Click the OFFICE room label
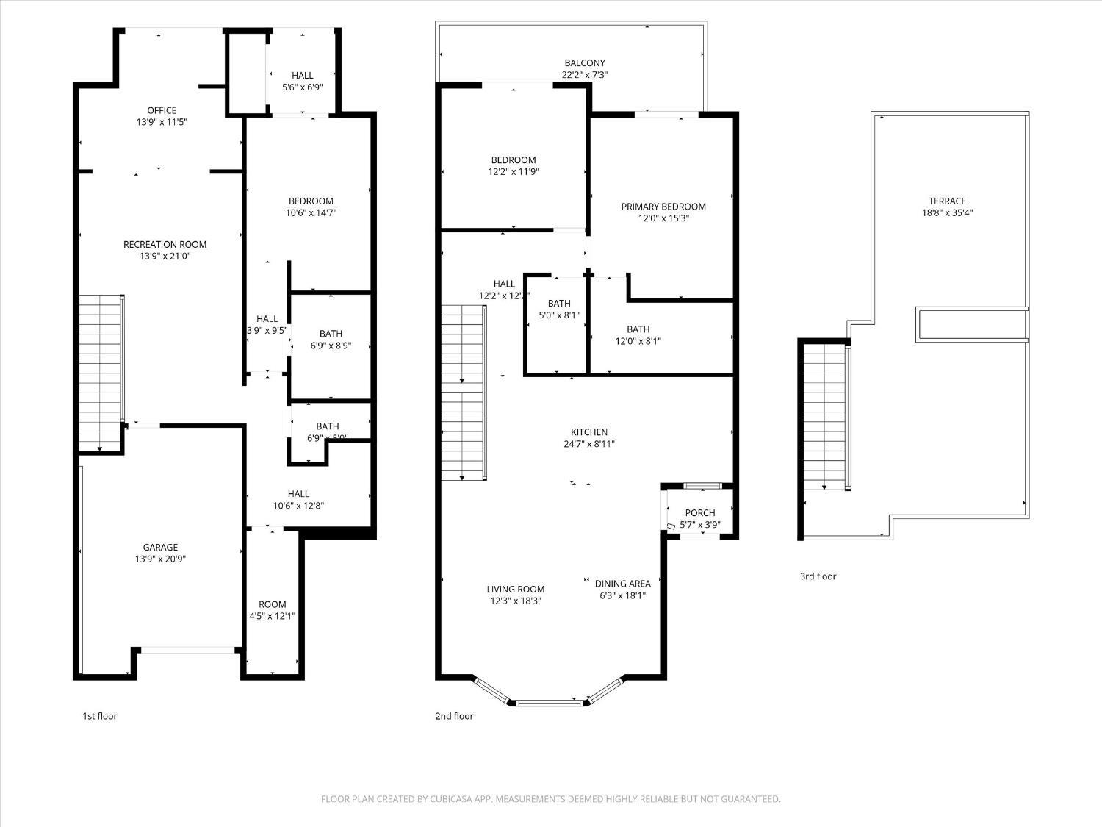pos(162,110)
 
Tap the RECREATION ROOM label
pos(165,244)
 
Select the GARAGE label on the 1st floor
pos(160,547)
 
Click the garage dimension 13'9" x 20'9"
pos(160,559)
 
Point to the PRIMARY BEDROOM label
pos(663,207)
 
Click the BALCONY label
pos(585,63)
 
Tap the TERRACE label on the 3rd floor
pos(947,201)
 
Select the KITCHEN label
pos(589,432)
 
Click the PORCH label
pos(699,513)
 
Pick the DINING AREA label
pos(622,584)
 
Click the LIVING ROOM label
pos(516,589)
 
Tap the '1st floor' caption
pos(99,716)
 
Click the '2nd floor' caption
pos(454,716)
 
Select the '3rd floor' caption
pos(818,576)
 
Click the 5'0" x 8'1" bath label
pos(559,315)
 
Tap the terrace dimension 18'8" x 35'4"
pos(947,213)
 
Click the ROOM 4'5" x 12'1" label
pos(272,610)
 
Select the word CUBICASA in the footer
pos(450,799)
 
